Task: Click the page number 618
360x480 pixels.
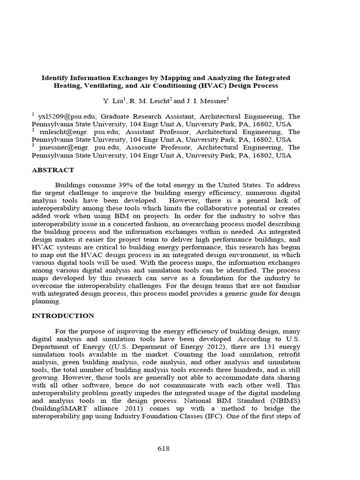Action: [x=163, y=449]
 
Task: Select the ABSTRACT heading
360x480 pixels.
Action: [x=52, y=170]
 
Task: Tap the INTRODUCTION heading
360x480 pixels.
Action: [x=63, y=315]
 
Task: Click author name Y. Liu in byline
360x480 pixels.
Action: [x=114, y=101]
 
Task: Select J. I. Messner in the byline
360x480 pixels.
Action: [x=202, y=101]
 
